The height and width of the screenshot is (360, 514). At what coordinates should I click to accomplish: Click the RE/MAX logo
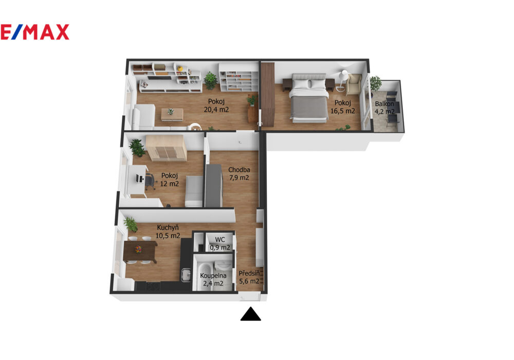[34, 32]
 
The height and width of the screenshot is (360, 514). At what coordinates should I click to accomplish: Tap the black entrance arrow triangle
[251, 314]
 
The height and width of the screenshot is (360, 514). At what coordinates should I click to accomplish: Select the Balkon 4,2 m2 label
[384, 107]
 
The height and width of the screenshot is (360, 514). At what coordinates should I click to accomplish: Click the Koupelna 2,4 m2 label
[213, 279]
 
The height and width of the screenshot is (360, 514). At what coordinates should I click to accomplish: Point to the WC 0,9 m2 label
[220, 244]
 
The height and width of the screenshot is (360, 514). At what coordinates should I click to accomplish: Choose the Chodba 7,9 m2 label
[239, 174]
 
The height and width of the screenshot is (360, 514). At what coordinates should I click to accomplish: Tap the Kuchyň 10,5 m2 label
[168, 231]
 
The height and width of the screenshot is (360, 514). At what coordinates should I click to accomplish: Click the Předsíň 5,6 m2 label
[249, 277]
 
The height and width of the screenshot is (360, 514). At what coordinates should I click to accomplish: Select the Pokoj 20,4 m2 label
[216, 105]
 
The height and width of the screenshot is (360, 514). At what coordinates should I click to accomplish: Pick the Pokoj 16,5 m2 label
[342, 107]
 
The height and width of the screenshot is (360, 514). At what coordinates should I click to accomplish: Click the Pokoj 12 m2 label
[170, 179]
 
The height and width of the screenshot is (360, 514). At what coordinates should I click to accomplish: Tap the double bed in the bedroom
[309, 98]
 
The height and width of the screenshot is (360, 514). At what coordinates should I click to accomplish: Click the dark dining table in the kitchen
[140, 251]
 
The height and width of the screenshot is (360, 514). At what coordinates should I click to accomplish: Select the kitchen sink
[186, 275]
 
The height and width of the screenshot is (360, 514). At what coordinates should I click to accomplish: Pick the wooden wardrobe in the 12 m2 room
[166, 148]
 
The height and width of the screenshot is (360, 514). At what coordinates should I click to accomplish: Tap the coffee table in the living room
[172, 114]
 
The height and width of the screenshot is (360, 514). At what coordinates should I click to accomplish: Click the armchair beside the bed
[354, 84]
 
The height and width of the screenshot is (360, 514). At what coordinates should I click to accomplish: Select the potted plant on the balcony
[375, 83]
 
